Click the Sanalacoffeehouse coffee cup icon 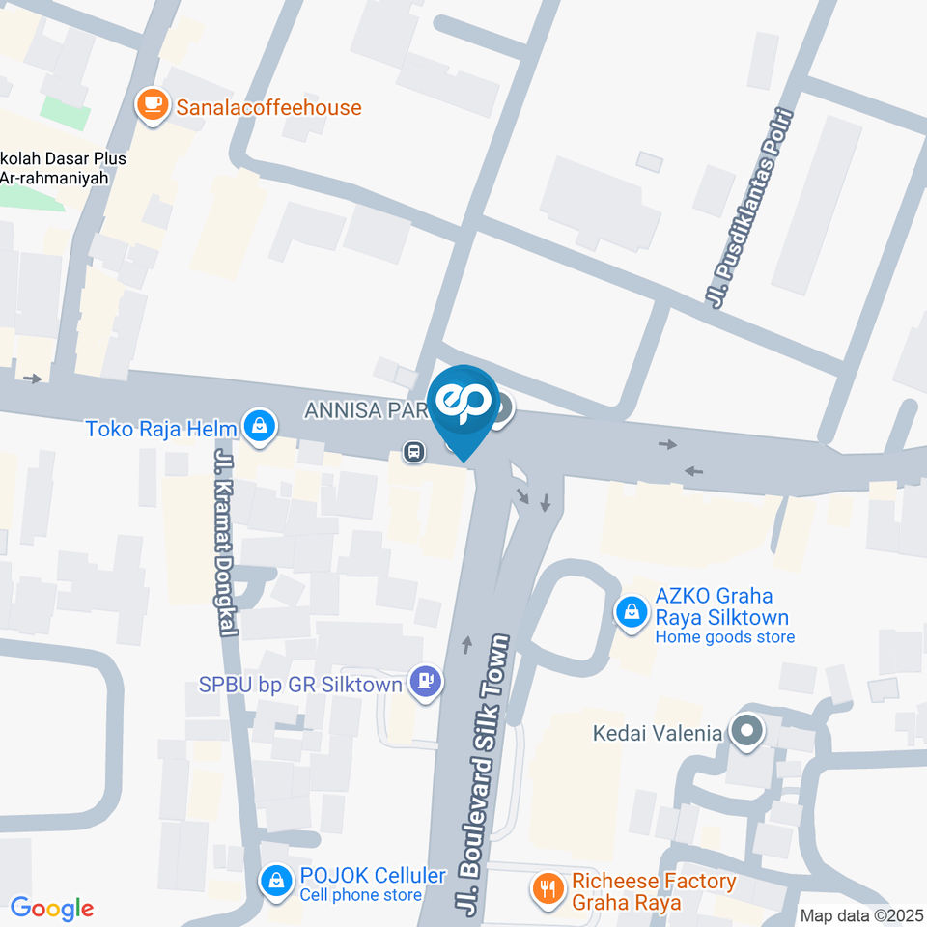[x=152, y=106]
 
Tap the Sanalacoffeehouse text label [x=268, y=107]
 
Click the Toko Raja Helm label [x=161, y=427]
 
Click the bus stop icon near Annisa [x=413, y=451]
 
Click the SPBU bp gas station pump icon [x=425, y=682]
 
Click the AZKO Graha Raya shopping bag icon [x=631, y=610]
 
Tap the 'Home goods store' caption [x=724, y=636]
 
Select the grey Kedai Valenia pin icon [x=745, y=732]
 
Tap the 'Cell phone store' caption [x=360, y=895]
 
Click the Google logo [x=51, y=909]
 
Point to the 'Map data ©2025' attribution [x=861, y=914]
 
